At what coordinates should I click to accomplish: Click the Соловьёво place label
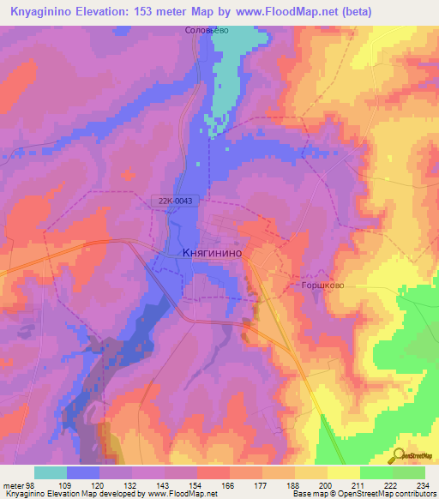point(207,30)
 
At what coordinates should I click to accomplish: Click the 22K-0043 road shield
point(174,201)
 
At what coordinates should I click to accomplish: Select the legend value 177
point(261,485)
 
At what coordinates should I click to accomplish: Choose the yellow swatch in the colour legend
point(343,472)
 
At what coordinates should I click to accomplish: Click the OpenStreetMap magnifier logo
point(399,455)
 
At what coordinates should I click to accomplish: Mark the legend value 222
point(391,485)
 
